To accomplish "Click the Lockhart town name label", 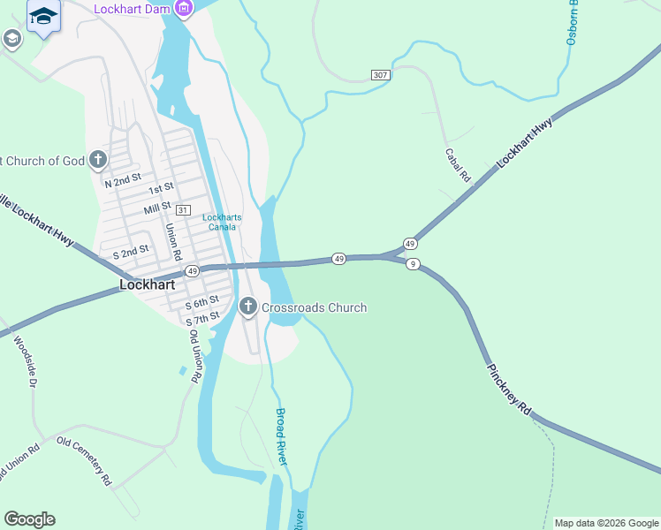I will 148,285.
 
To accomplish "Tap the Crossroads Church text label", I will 314,307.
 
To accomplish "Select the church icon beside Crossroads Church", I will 248,307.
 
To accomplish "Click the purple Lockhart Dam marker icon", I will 184,10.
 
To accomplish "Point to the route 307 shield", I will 380,75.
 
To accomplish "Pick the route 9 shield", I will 412,264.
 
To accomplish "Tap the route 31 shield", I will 183,210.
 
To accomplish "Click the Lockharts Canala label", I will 222,222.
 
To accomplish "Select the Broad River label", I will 282,436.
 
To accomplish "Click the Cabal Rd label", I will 458,165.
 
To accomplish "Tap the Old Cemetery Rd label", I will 84,461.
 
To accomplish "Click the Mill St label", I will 156,208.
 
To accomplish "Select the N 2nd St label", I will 123,180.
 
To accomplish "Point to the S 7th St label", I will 201,316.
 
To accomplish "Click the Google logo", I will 29,519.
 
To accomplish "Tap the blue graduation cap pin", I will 42,16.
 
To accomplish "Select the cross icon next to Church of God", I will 98,160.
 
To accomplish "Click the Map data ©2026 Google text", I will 606,523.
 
